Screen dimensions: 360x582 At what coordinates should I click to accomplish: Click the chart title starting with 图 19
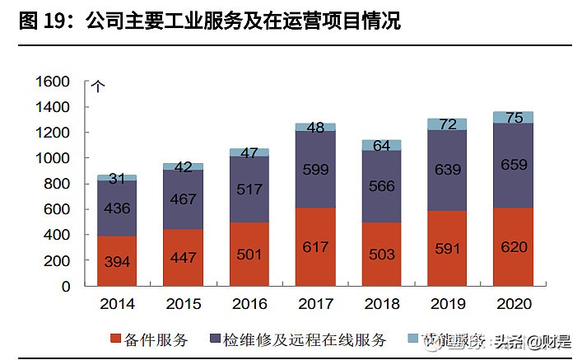click(209, 21)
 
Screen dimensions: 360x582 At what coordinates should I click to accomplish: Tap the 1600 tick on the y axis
click(54, 82)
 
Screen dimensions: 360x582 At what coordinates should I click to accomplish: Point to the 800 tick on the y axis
click(58, 184)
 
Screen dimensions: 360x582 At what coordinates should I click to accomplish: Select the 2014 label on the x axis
click(117, 304)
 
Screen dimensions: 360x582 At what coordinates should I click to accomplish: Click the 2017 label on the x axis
click(316, 304)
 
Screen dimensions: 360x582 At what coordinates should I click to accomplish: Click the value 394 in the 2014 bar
click(117, 262)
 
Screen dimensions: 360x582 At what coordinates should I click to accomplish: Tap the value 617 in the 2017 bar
click(316, 247)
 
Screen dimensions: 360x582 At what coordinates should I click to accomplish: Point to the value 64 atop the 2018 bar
click(382, 146)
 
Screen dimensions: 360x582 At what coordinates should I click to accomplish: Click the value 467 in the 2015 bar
click(183, 199)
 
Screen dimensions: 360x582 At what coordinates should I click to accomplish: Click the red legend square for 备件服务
click(114, 339)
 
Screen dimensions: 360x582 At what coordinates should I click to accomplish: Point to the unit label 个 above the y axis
click(98, 85)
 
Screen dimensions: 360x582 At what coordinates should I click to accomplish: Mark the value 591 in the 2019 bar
click(448, 249)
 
